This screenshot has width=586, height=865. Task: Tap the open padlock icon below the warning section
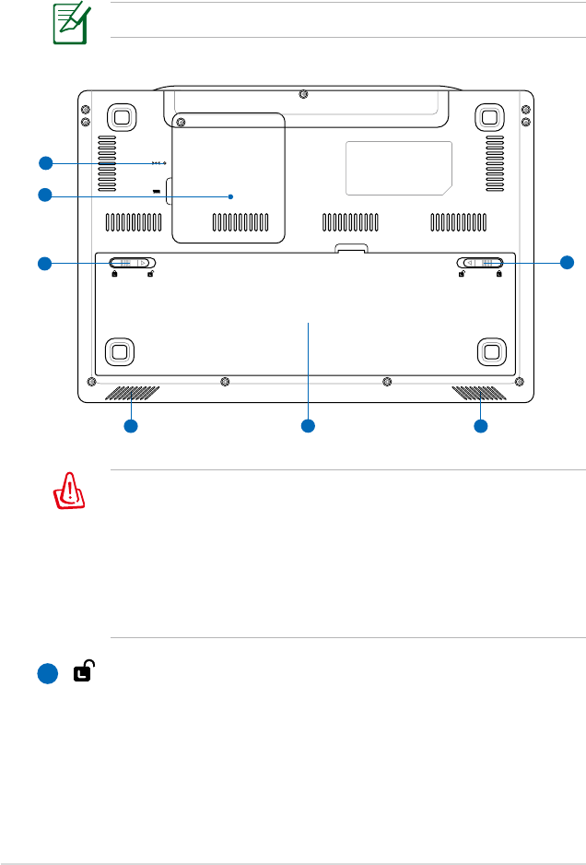tap(83, 673)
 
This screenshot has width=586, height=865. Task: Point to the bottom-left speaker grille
tap(133, 394)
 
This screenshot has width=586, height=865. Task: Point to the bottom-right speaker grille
tap(479, 394)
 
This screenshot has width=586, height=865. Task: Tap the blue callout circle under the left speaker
tap(131, 426)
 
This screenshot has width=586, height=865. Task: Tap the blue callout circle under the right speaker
tap(480, 426)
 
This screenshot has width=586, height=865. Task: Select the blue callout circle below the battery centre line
tap(308, 426)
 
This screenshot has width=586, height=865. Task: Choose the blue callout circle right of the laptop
tap(568, 263)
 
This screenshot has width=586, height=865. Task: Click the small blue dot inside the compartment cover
tap(230, 196)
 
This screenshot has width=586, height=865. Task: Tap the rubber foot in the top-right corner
tap(489, 116)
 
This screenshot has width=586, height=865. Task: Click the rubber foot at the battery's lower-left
tap(117, 350)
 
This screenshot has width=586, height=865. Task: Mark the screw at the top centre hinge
tap(305, 93)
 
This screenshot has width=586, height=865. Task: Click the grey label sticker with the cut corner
tap(398, 168)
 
